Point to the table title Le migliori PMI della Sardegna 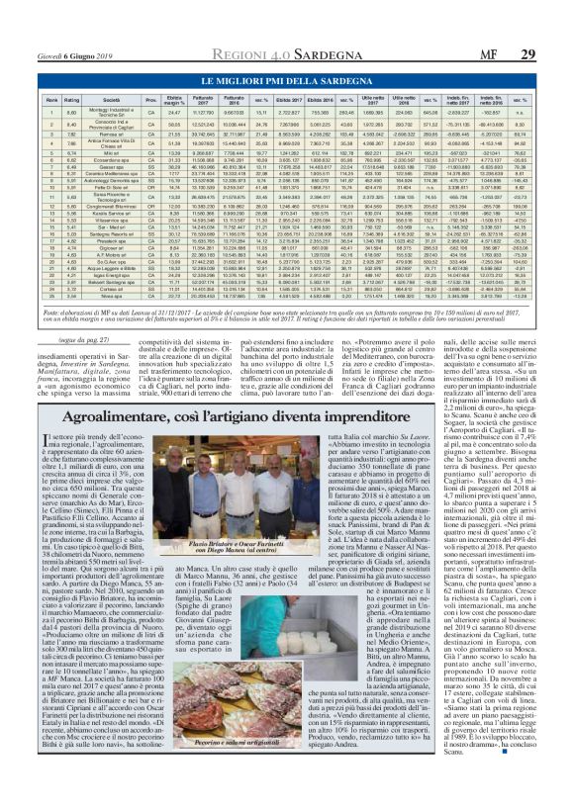coord(287,78)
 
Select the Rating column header coord(72,102)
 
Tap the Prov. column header coord(151,102)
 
